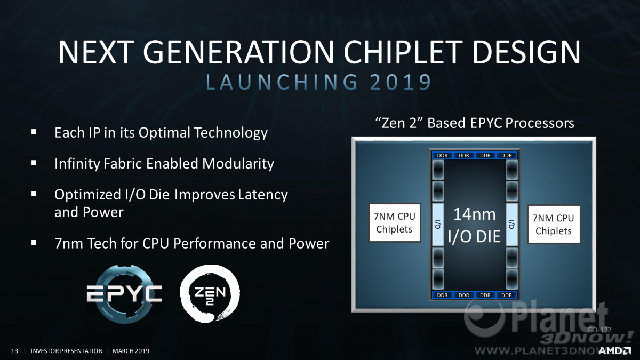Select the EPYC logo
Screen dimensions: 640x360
click(x=124, y=294)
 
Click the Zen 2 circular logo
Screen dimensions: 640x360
click(x=210, y=294)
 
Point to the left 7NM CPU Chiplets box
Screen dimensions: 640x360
click(x=395, y=222)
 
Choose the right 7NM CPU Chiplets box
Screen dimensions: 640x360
click(x=554, y=225)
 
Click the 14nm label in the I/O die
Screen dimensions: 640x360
click(x=475, y=214)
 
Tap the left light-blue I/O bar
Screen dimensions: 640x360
click(x=438, y=225)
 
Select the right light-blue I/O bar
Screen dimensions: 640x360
click(x=511, y=225)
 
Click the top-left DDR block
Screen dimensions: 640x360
click(x=442, y=155)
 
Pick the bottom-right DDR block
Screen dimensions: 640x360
click(x=507, y=295)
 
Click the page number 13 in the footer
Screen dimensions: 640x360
click(x=14, y=351)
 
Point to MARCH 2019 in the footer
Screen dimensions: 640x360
click(x=131, y=351)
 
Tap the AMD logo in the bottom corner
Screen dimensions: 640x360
click(x=615, y=350)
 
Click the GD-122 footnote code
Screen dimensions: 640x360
click(x=599, y=330)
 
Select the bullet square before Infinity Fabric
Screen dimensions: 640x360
click(x=34, y=163)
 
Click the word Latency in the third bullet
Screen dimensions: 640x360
click(x=263, y=195)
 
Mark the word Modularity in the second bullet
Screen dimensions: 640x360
click(x=238, y=164)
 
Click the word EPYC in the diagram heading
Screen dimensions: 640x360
click(x=486, y=123)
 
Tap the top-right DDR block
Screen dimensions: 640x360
click(x=507, y=155)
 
